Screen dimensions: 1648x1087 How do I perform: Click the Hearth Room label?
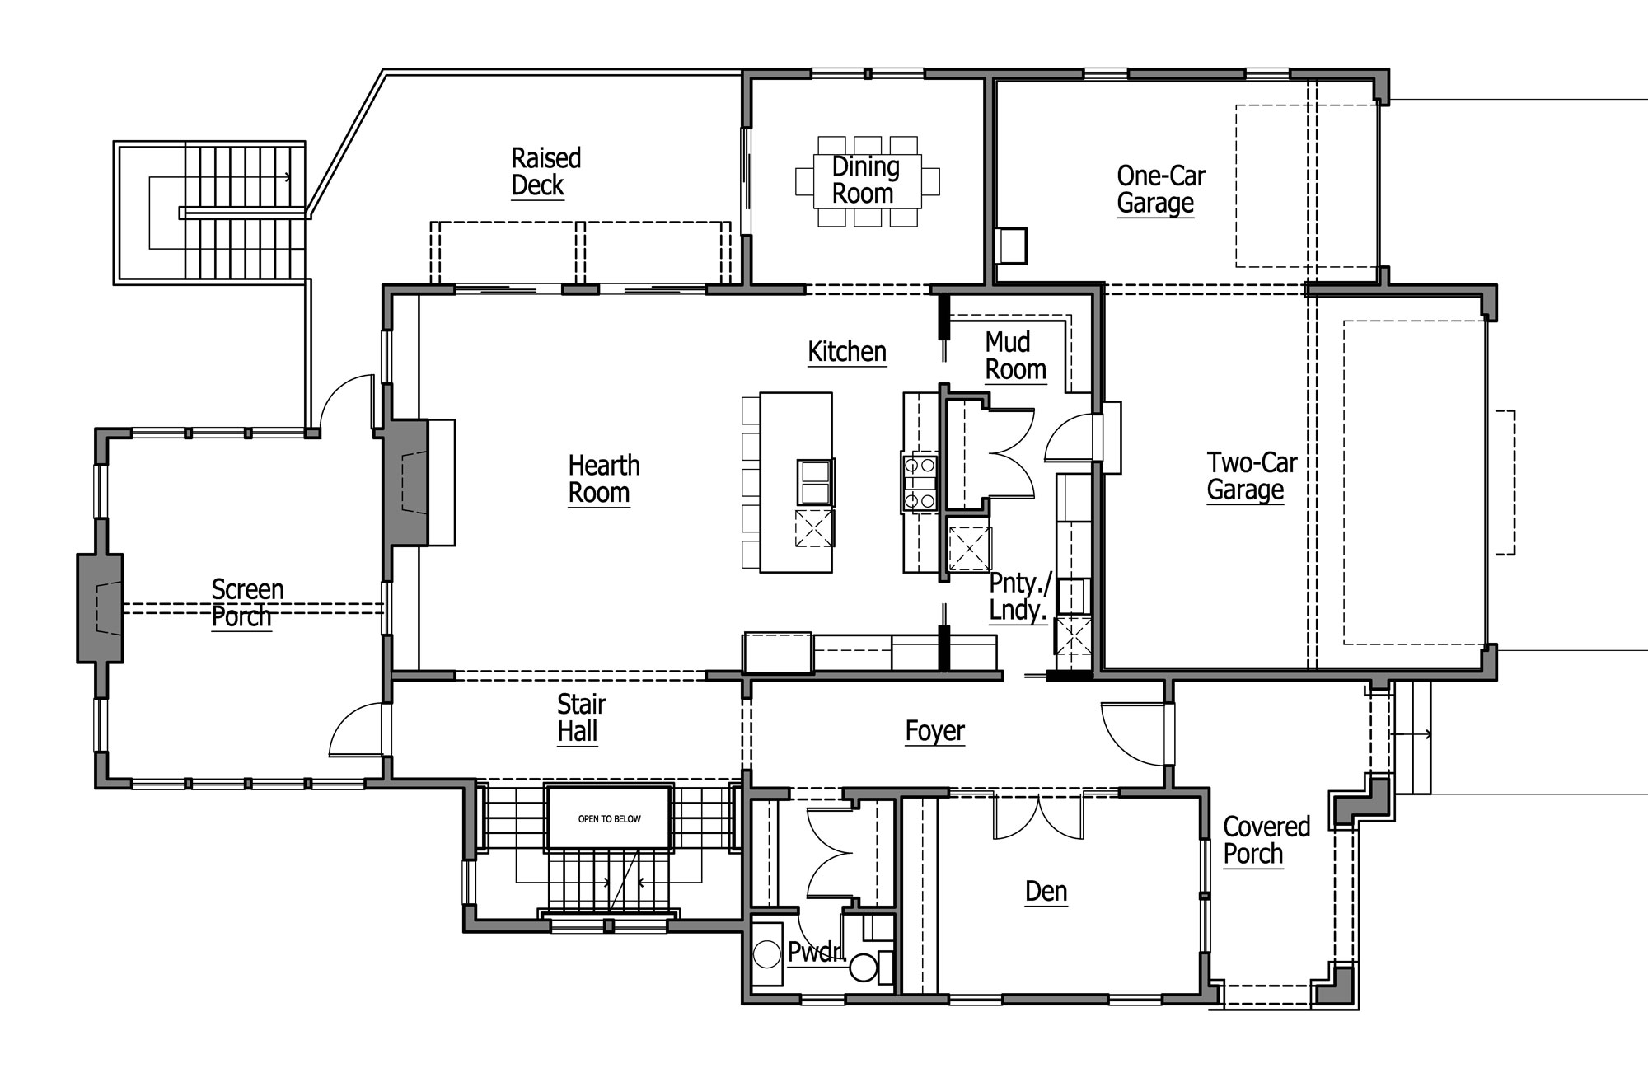coord(603,479)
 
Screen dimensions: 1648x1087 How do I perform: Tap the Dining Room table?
coord(867,181)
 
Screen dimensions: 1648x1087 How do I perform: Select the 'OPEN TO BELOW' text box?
coord(609,818)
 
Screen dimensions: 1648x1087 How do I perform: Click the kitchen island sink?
coord(815,482)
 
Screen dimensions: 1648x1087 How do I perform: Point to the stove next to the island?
coord(920,483)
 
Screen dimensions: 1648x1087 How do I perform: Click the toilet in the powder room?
coord(868,964)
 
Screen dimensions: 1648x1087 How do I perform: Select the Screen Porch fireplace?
coord(100,608)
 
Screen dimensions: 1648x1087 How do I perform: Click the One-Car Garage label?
coord(1160,190)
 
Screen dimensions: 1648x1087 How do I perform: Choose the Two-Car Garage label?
coord(1251,476)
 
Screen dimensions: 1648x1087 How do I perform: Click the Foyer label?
coord(934,731)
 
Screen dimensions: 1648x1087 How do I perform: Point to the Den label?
coord(1046,892)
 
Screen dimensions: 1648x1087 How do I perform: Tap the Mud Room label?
coord(1015,356)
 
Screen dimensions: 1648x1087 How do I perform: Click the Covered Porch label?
coord(1266,840)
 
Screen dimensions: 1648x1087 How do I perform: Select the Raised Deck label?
coord(545,171)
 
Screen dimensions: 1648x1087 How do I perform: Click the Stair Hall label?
coord(581,718)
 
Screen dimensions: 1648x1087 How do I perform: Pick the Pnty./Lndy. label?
coord(1020,597)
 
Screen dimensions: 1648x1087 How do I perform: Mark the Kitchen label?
coord(846,352)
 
